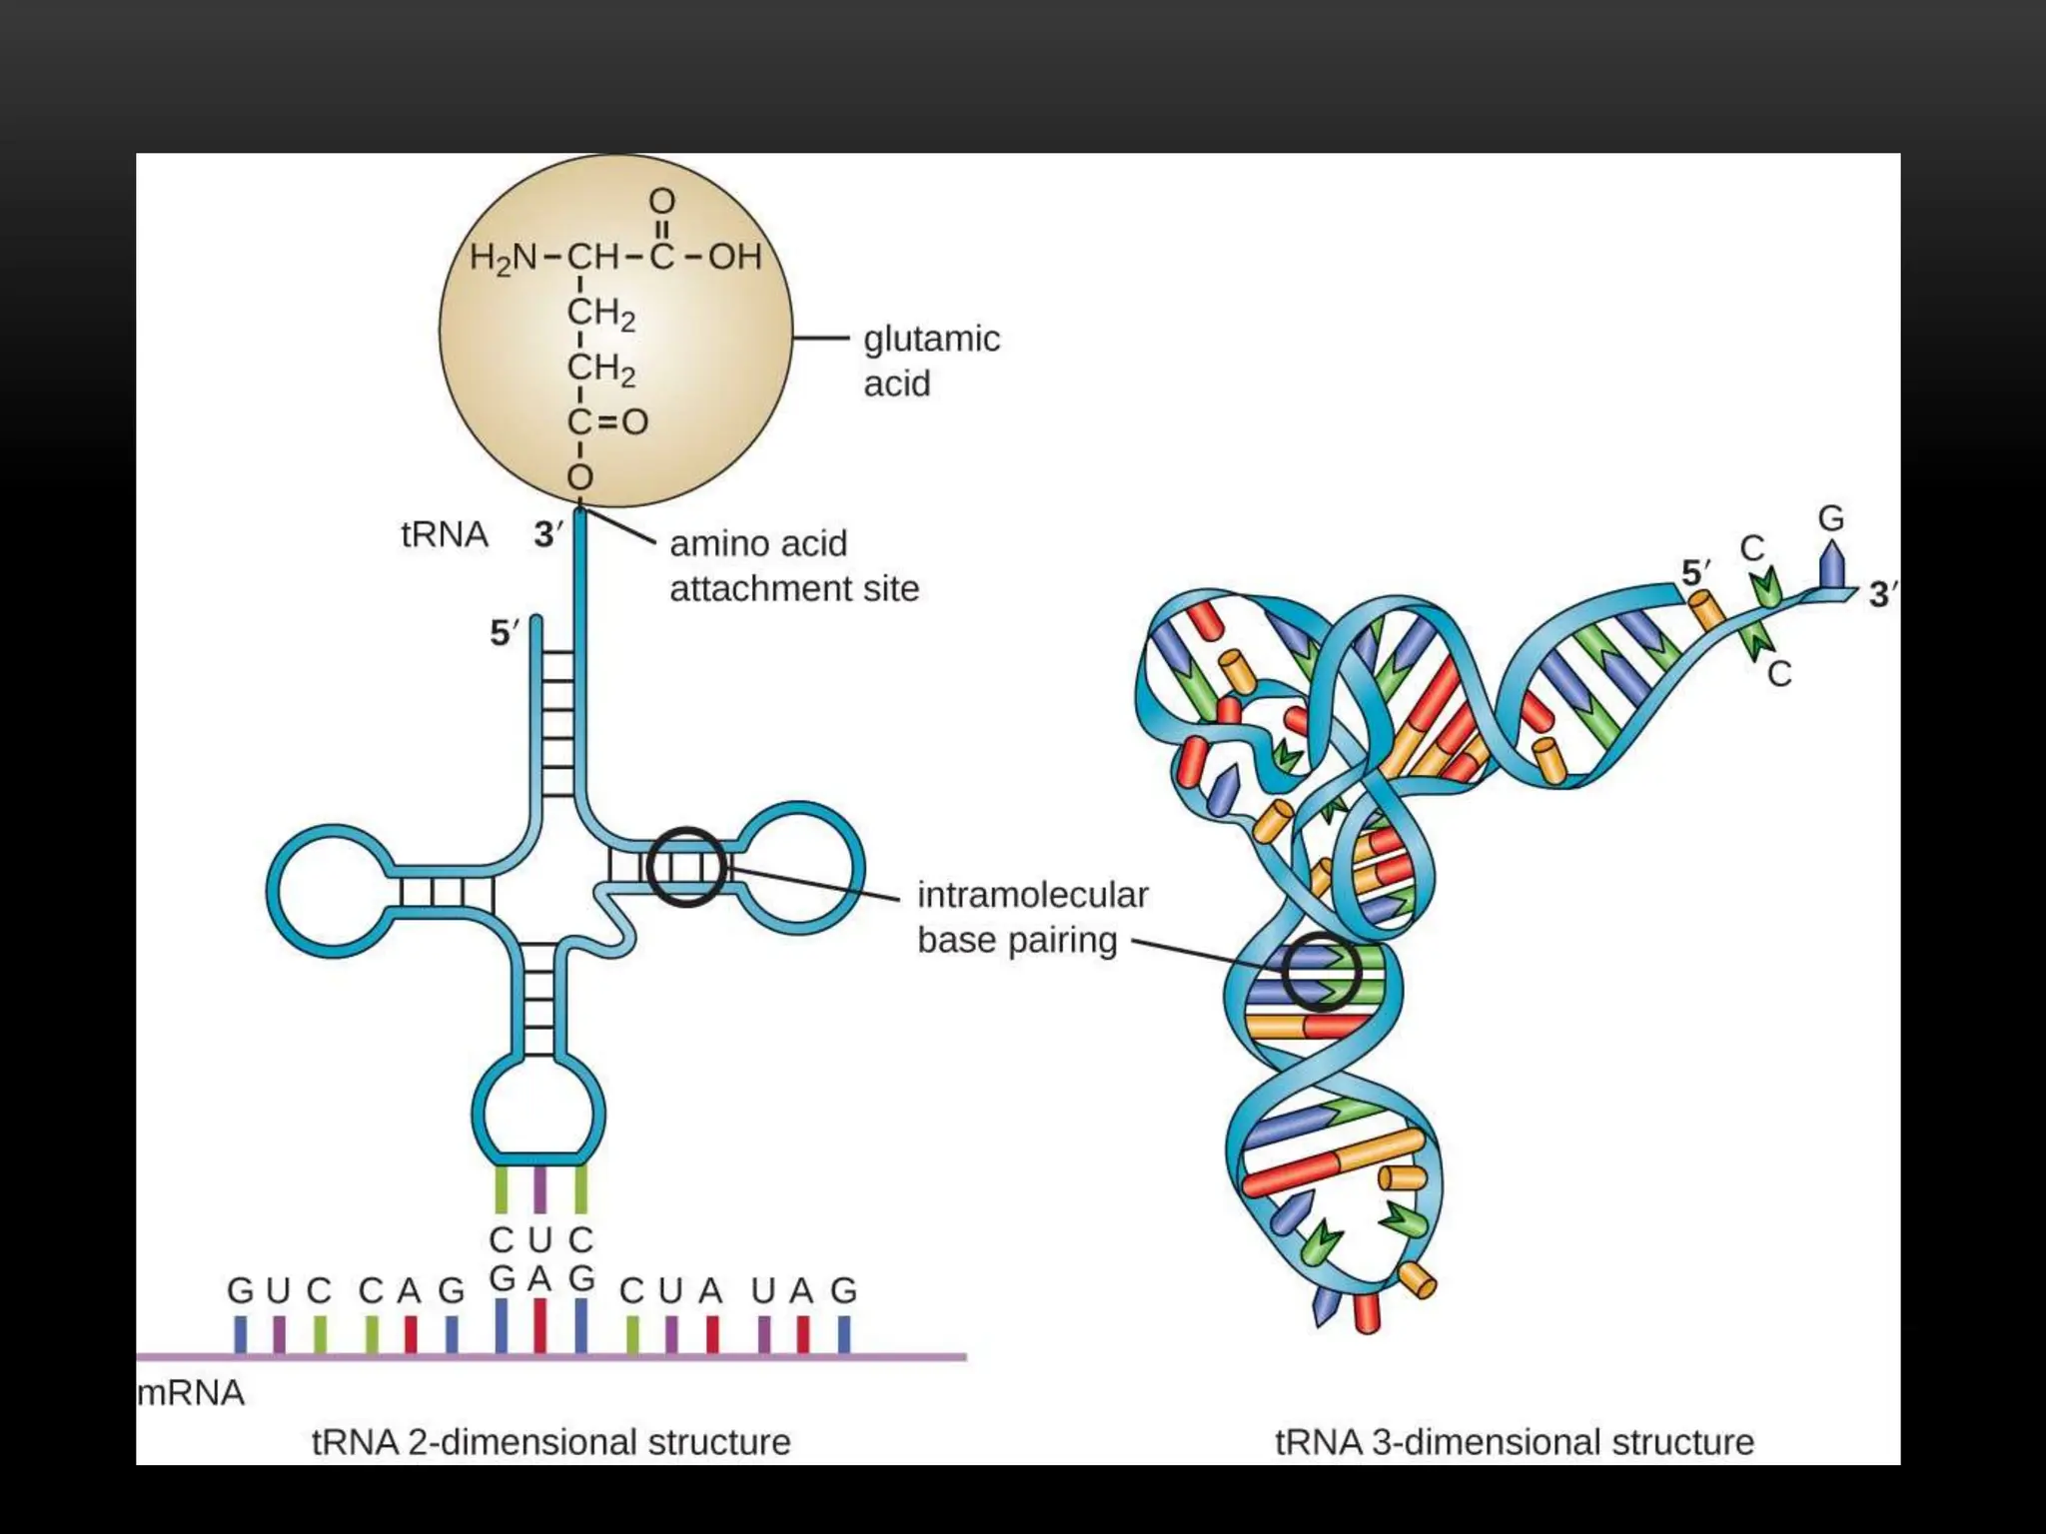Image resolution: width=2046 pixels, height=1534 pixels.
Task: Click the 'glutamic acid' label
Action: coord(931,361)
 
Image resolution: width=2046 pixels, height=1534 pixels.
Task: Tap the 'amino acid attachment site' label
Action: coord(793,566)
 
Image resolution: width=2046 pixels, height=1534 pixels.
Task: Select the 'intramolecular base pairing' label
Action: coord(1032,917)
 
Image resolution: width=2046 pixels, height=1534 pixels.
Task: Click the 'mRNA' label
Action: coord(191,1392)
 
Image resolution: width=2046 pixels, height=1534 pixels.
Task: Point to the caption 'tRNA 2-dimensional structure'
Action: coord(550,1442)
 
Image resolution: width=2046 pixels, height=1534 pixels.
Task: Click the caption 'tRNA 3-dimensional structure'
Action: coord(1514,1442)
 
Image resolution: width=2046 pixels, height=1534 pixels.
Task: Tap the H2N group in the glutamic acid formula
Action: coord(504,258)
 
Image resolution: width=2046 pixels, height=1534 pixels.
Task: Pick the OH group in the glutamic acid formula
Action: coord(735,257)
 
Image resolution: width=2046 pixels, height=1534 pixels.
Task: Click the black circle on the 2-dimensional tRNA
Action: coord(685,866)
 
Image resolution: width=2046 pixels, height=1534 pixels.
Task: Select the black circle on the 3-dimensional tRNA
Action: coord(1322,972)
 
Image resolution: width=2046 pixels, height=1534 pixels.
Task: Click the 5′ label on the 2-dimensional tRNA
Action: coord(505,633)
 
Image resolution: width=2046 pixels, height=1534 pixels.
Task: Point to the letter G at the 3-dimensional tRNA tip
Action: coord(1830,518)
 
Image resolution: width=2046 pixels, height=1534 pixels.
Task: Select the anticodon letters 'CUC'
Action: coord(540,1239)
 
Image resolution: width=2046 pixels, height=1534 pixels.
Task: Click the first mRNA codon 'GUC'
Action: coord(279,1290)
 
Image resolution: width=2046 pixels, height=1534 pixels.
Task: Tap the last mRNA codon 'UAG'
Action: coord(803,1290)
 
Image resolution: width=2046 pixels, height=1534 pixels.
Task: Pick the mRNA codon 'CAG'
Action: coord(412,1290)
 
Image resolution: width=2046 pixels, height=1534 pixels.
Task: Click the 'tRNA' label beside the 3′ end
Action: coord(445,534)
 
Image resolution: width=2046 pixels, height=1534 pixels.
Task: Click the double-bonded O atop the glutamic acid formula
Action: coord(661,202)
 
